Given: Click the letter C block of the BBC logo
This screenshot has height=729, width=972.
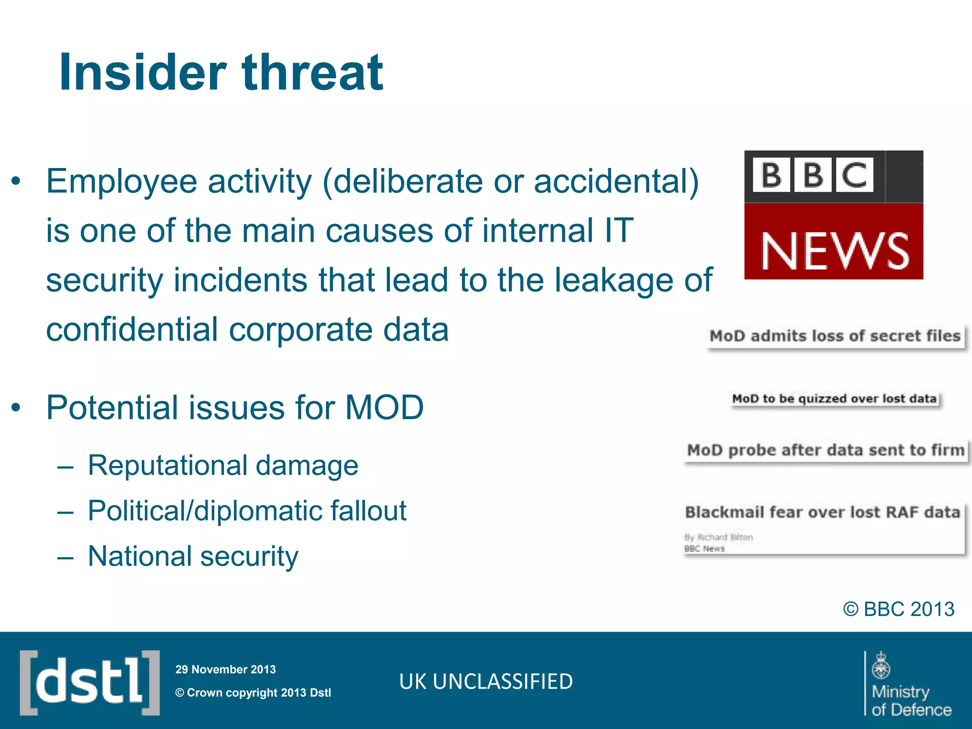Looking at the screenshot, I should tap(854, 175).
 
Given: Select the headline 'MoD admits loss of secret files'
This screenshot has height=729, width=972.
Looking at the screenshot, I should tap(835, 336).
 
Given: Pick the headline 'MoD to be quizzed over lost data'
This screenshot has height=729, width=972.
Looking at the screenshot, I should tap(834, 399).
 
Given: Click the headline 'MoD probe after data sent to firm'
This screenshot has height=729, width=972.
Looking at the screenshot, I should tap(825, 450).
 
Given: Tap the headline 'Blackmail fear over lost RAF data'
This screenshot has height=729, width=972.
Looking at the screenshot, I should tap(822, 513).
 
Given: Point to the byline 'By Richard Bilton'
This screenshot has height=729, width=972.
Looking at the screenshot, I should tap(718, 537).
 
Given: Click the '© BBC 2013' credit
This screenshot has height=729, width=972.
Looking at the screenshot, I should tap(898, 609).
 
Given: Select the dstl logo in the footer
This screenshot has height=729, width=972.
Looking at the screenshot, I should tap(90, 682).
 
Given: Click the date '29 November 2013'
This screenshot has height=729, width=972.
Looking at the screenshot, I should tap(225, 669).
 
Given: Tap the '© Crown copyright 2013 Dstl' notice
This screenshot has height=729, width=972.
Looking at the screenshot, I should tap(253, 692).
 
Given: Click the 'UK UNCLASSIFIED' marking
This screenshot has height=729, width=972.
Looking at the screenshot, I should tap(486, 682).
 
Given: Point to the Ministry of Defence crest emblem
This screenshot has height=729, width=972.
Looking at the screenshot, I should tap(881, 665).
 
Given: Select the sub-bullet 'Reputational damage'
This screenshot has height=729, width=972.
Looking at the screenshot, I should tap(223, 465).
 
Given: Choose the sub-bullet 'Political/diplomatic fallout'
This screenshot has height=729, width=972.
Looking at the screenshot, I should tap(247, 511).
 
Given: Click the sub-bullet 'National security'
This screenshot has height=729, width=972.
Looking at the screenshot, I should tap(193, 556).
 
